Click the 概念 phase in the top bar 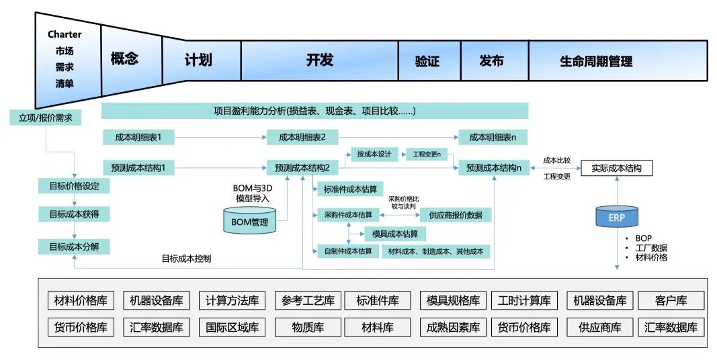coord(124,59)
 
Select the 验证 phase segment coord(427,61)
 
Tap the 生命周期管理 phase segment coord(596,61)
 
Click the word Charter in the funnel coord(65,34)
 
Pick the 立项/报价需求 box coord(45,118)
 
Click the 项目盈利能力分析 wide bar coord(314,111)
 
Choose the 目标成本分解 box coord(74,246)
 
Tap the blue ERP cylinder coord(617,217)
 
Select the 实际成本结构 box coord(616,168)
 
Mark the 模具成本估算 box coord(394,234)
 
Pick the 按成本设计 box coord(374,154)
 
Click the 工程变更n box coord(427,154)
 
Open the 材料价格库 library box coord(81,300)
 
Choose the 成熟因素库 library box coord(453,328)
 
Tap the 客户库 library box coord(671,300)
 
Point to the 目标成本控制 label coord(191,258)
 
